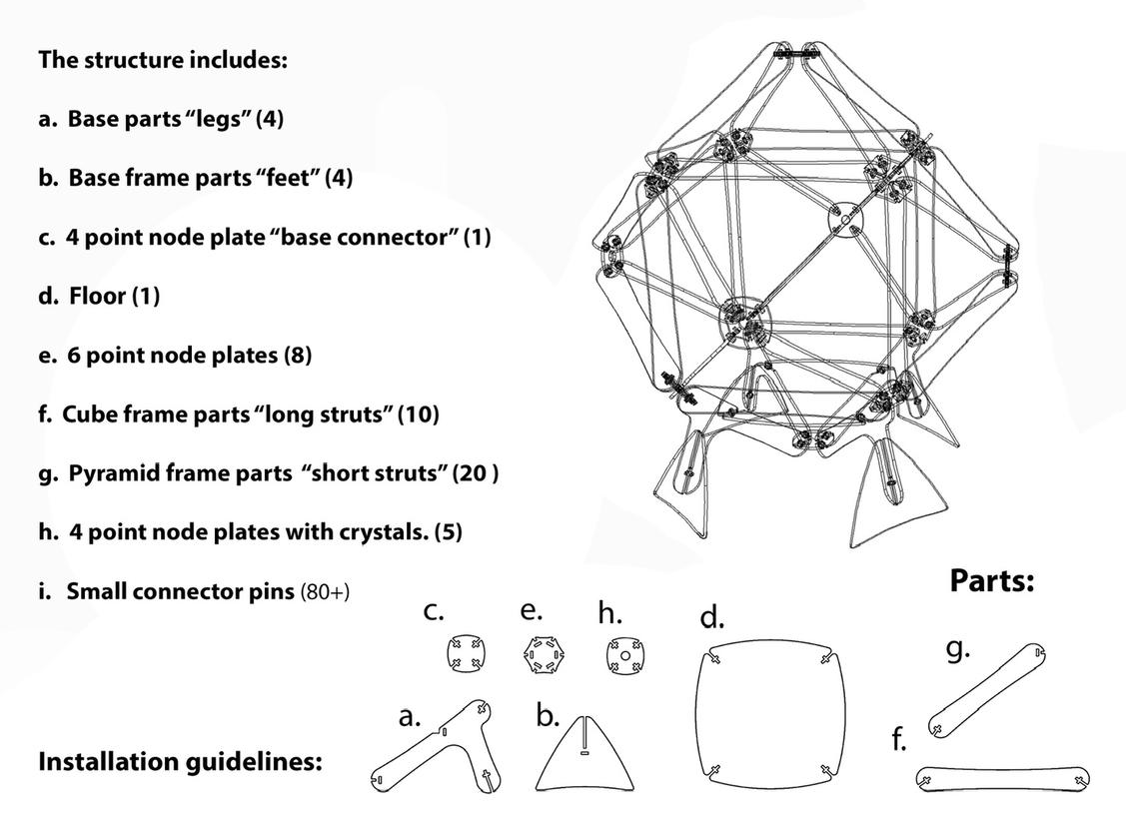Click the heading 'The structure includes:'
tap(163, 59)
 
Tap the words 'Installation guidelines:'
tap(180, 762)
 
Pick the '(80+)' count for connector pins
tap(325, 591)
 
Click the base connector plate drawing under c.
tap(463, 656)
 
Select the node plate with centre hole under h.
tap(624, 656)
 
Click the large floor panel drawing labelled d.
tap(769, 713)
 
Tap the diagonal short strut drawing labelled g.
tap(987, 690)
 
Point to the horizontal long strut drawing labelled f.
tap(1002, 777)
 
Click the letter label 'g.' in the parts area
tap(957, 649)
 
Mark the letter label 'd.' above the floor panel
tap(710, 618)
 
